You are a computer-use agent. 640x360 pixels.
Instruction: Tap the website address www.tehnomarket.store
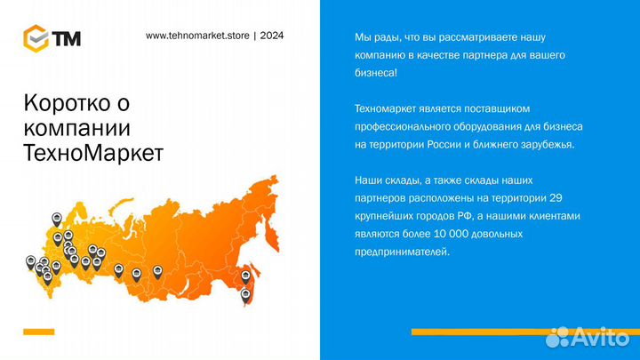tap(196, 36)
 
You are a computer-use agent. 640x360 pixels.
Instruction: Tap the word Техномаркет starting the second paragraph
tap(387, 108)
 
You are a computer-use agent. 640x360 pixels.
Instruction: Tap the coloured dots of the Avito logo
tap(558, 337)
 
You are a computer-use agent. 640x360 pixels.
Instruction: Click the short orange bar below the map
tap(39, 332)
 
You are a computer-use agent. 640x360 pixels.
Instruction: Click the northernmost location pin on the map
tap(57, 217)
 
